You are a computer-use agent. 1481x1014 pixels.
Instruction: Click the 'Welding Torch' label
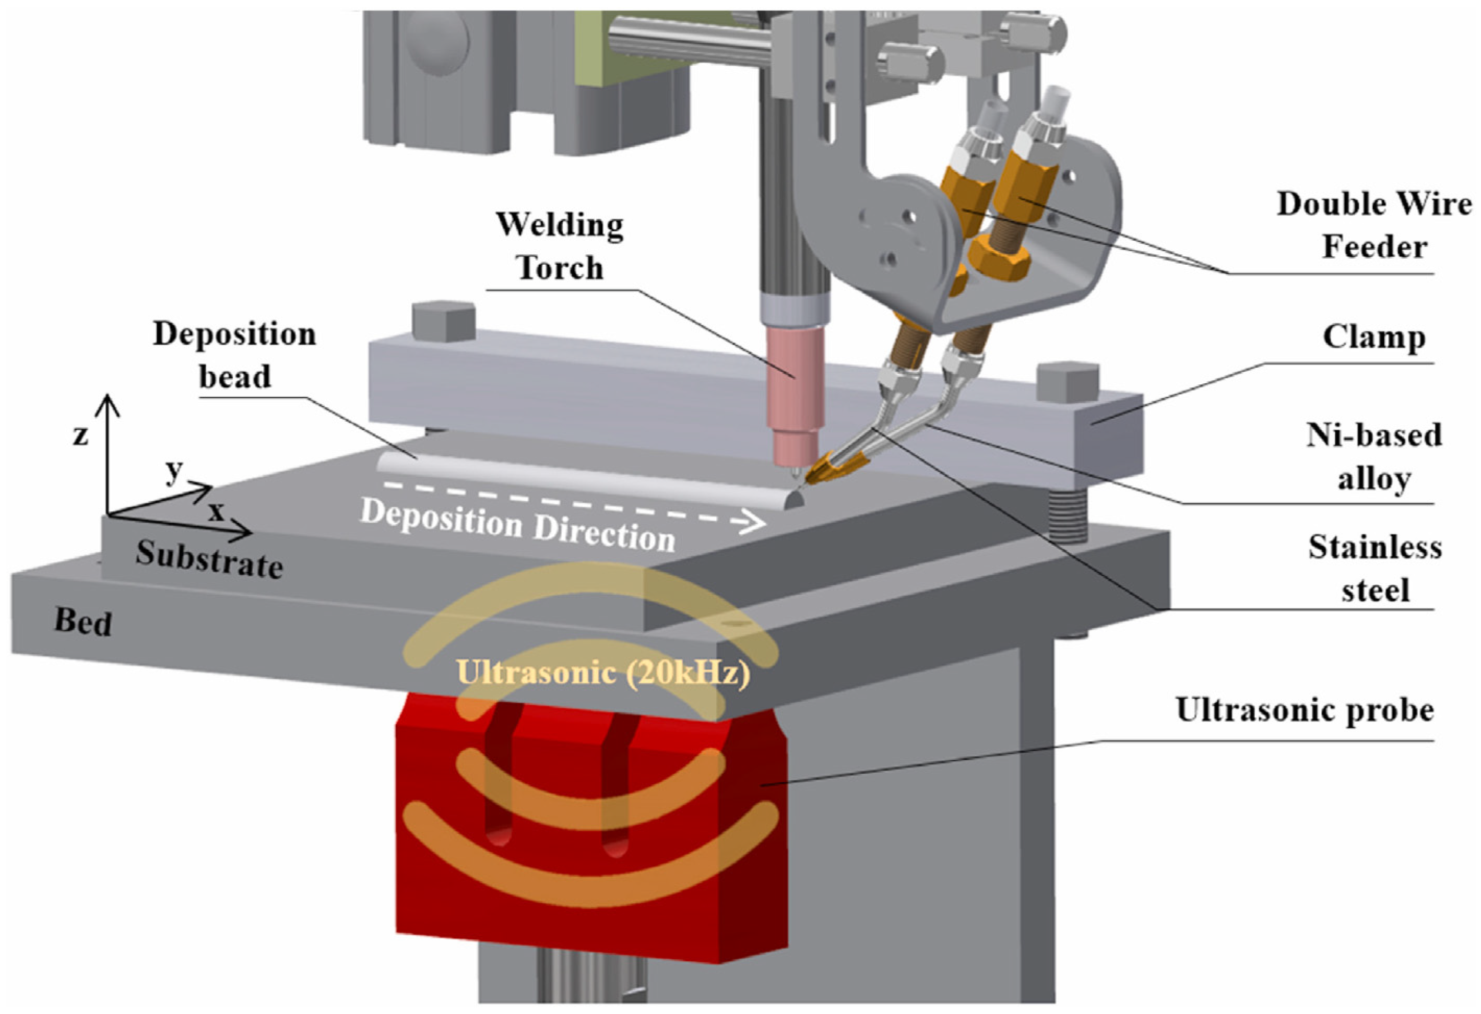560,246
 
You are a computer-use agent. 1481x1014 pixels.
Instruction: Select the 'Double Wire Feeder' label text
1374,225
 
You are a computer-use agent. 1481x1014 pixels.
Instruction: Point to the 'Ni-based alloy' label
1374,456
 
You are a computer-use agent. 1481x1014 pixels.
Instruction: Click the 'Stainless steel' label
1375,568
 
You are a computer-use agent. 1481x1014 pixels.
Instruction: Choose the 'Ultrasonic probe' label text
1305,710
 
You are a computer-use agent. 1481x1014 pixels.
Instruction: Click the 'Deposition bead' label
234,355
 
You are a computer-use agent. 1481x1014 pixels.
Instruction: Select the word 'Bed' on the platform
83,621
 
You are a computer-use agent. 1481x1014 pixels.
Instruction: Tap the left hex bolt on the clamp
444,322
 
